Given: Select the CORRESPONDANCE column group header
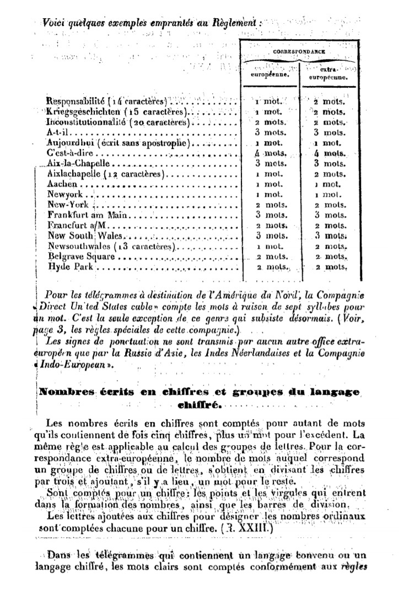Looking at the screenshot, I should coord(300,51).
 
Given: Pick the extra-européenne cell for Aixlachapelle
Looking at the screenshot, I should coord(330,174).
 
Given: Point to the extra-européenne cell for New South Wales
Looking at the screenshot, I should coord(330,236).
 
